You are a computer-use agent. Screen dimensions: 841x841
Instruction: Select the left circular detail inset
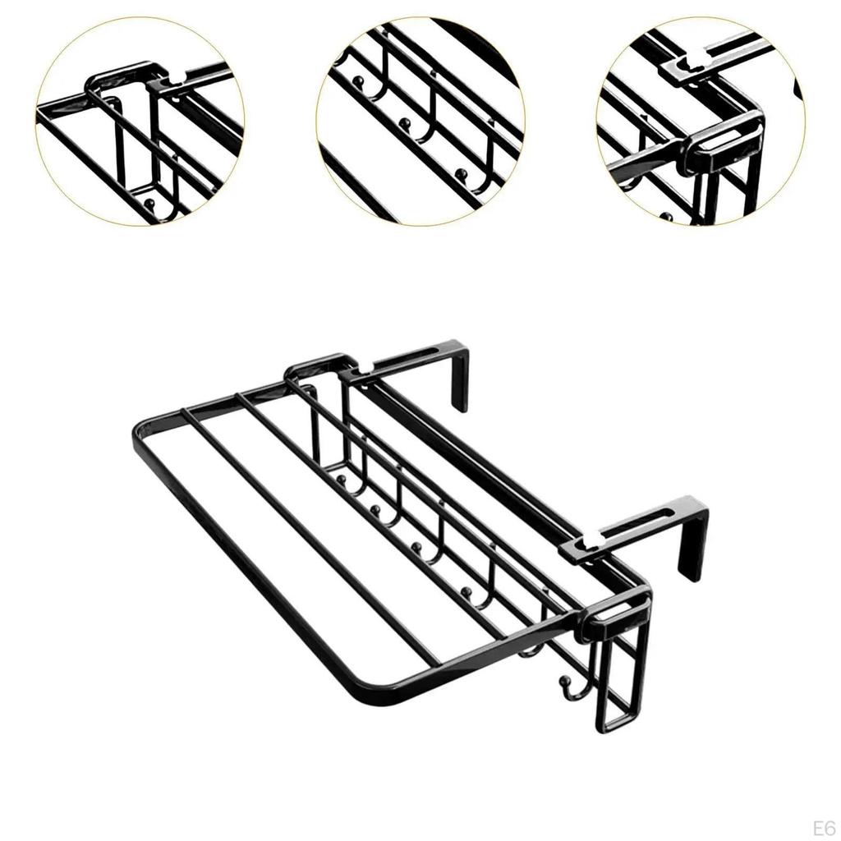pos(140,121)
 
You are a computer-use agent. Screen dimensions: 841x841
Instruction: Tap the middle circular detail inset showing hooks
pos(420,121)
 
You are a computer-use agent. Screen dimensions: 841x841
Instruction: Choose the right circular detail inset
pos(701,121)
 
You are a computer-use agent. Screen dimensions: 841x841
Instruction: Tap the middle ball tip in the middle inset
pos(403,124)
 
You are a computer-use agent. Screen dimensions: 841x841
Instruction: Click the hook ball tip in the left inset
pos(149,200)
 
